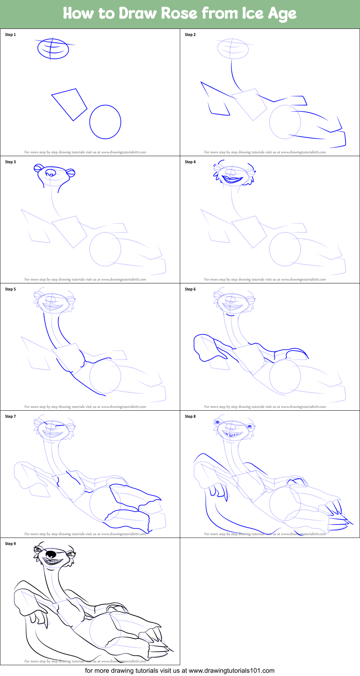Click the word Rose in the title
[179, 13]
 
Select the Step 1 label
[10, 35]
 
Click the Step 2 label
[190, 35]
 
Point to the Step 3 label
[10, 162]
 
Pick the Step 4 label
[190, 162]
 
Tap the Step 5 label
[10, 289]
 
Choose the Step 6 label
[190, 289]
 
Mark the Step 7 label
[10, 416]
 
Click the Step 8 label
[190, 416]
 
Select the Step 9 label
[10, 544]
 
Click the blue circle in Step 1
[105, 122]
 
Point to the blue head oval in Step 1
[53, 49]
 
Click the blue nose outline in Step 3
[51, 173]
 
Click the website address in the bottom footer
[231, 671]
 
